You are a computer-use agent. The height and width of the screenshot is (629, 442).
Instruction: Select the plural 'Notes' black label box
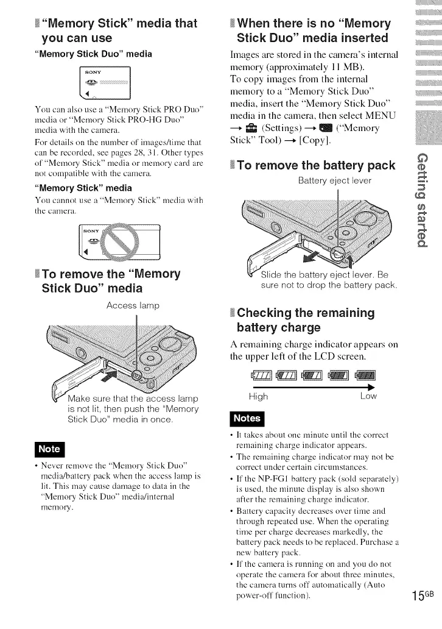point(246,418)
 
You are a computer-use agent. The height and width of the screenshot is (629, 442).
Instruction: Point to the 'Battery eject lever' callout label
point(335,180)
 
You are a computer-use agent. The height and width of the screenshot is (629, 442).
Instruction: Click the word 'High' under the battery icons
point(258,396)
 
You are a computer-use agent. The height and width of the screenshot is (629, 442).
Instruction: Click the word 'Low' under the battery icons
point(368,396)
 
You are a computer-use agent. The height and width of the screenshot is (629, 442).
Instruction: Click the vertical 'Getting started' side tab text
point(419,201)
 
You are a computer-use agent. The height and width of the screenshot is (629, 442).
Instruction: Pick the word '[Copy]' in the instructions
point(296,140)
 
